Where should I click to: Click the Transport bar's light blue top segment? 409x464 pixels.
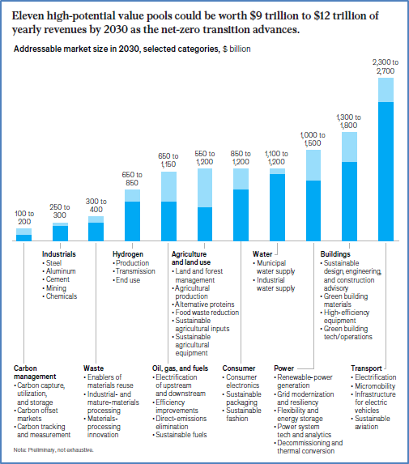click(x=386, y=90)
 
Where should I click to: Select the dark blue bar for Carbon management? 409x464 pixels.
click(x=23, y=238)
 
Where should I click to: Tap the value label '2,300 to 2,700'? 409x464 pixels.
click(x=386, y=66)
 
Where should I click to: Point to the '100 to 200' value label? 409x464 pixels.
click(x=24, y=218)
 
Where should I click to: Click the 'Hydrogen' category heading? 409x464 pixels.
click(x=128, y=254)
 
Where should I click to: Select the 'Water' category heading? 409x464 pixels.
click(x=262, y=254)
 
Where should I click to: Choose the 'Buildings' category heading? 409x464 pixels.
click(x=335, y=254)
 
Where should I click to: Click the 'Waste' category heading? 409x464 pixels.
click(x=93, y=368)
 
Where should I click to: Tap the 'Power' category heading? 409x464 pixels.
click(x=283, y=368)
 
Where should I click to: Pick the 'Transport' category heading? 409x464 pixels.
click(x=366, y=368)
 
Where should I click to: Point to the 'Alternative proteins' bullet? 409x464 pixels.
click(x=203, y=304)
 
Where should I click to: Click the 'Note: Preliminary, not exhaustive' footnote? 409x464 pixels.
click(x=53, y=450)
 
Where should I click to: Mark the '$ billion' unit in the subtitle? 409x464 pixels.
click(x=236, y=49)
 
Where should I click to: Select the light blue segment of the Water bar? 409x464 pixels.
click(x=277, y=172)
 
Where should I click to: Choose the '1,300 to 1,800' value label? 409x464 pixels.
click(x=348, y=121)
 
